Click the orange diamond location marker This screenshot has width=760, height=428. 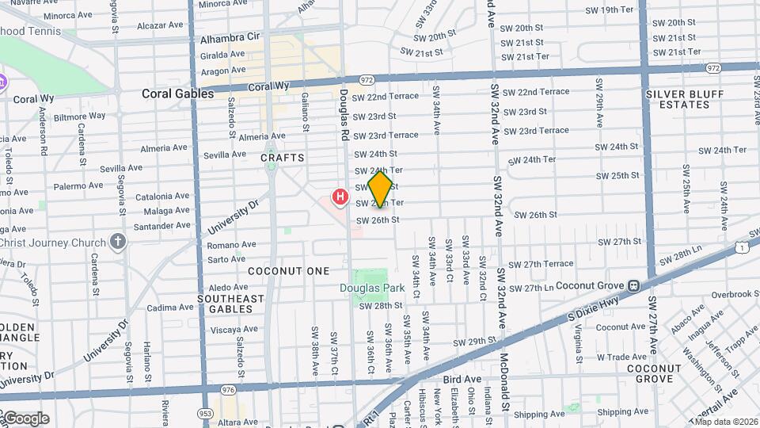[x=381, y=189]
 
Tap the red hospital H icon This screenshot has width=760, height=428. [x=340, y=196]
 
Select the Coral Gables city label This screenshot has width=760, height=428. [x=177, y=94]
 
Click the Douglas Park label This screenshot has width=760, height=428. [x=372, y=289]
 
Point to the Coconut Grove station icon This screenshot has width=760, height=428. [x=633, y=285]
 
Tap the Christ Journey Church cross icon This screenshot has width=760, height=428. [x=119, y=241]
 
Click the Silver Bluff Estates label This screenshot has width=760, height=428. [x=685, y=99]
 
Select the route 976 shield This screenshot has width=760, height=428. [x=229, y=389]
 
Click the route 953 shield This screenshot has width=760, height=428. [x=205, y=413]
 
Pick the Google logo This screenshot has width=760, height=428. [x=25, y=418]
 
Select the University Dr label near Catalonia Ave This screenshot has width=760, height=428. [x=233, y=217]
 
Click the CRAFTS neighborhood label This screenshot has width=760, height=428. [x=283, y=158]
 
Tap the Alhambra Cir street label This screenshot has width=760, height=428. [x=230, y=37]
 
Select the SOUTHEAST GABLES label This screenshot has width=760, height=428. [x=230, y=304]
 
